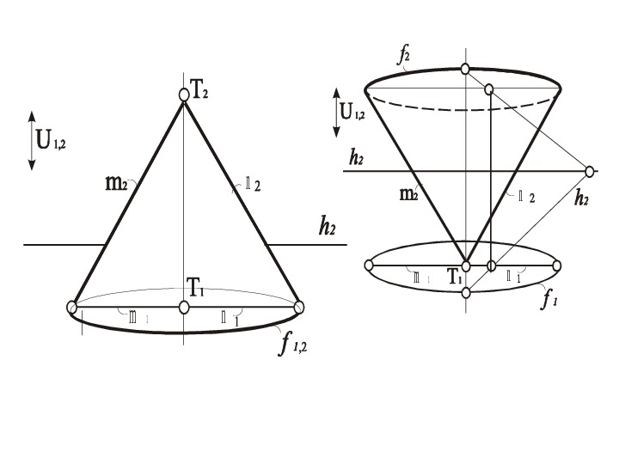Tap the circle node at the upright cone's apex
point(183,95)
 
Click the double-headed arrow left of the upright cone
point(32,139)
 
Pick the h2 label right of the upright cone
point(327,228)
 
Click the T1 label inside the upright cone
point(196,290)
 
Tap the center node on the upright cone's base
point(183,307)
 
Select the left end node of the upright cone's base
point(73,307)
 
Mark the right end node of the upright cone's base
point(299,307)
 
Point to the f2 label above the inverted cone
point(403,57)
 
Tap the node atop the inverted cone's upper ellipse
point(465,69)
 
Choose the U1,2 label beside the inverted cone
point(352,110)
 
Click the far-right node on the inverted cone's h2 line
point(591,171)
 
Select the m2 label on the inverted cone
point(408,195)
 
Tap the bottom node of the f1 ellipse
point(465,293)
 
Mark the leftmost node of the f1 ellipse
point(370,266)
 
